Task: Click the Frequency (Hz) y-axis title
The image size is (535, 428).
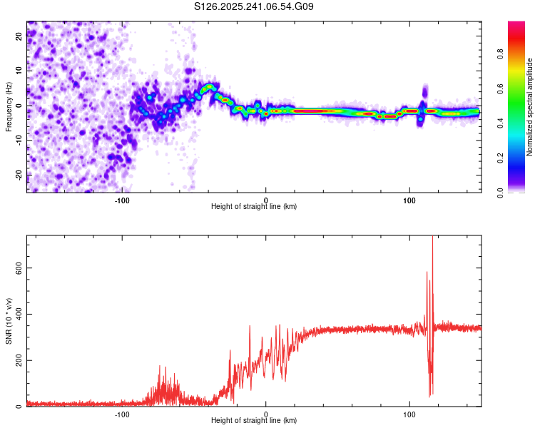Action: tap(9, 107)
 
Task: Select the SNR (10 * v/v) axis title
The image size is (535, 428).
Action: tap(9, 321)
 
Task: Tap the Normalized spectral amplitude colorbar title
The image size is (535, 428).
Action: tap(529, 107)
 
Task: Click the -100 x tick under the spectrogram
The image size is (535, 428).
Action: tap(122, 200)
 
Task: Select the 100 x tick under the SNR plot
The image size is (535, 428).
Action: tap(409, 414)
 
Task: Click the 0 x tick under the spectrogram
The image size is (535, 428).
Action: tap(265, 200)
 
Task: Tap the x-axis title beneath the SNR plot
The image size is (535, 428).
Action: tap(254, 421)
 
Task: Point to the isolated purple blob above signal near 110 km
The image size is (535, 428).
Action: tap(425, 91)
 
